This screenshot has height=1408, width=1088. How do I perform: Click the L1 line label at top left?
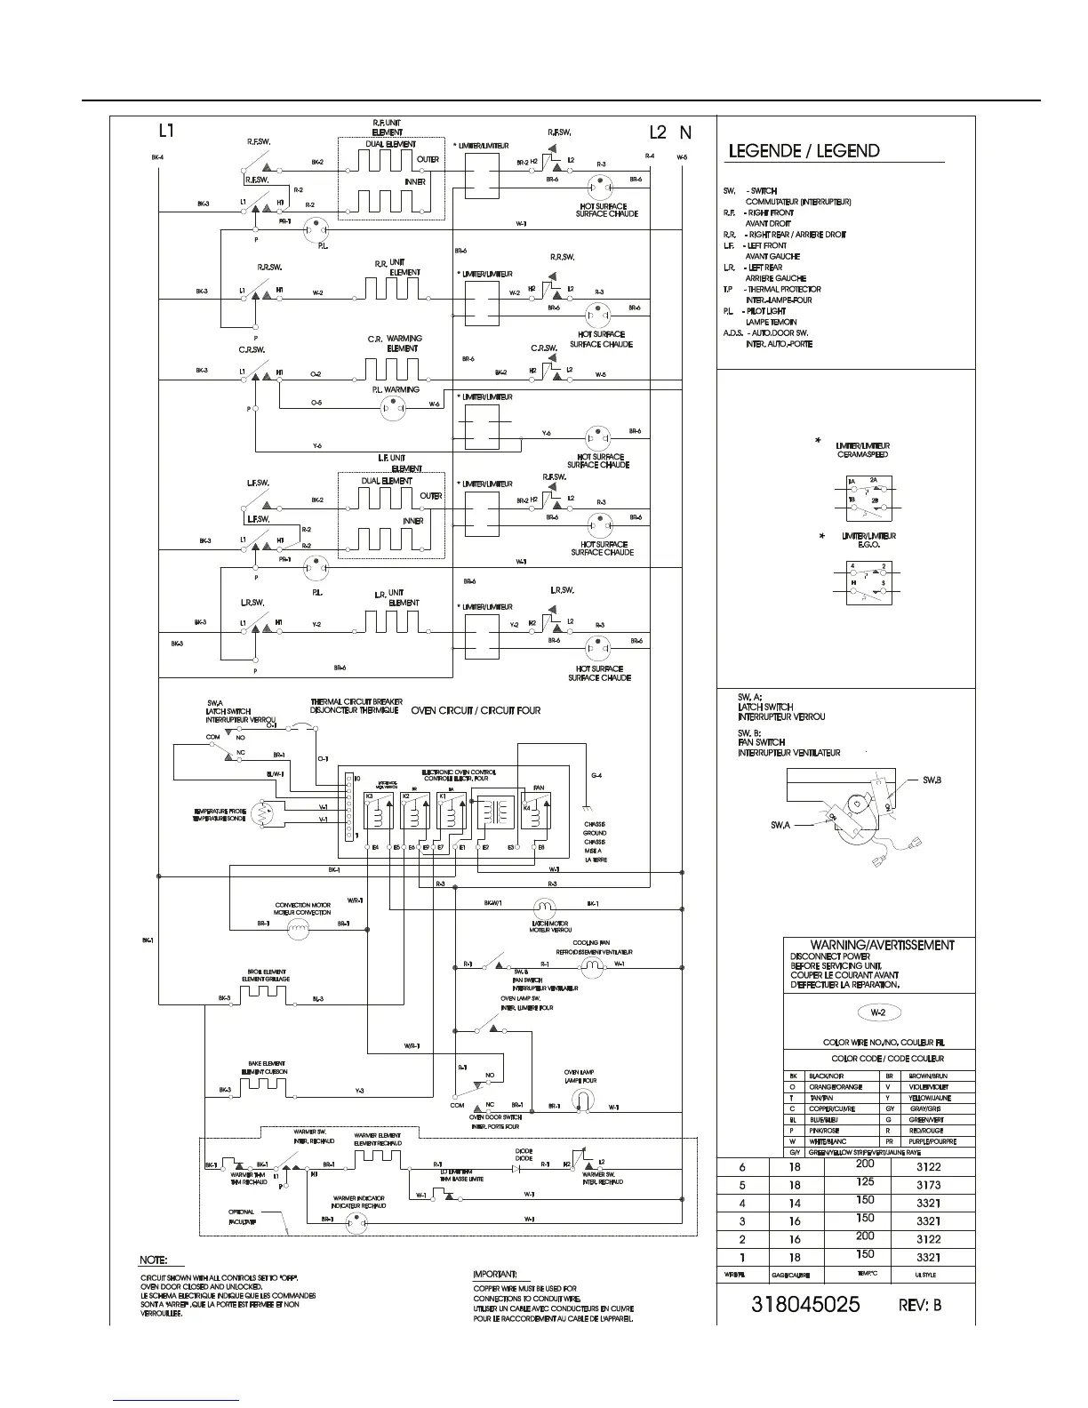point(166,132)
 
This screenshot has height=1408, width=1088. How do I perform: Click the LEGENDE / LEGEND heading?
point(804,151)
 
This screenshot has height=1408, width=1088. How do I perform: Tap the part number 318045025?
point(805,1305)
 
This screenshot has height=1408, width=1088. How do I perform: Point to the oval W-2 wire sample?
point(876,1012)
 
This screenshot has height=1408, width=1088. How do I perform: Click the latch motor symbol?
point(543,908)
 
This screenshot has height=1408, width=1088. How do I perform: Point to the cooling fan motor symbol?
point(591,964)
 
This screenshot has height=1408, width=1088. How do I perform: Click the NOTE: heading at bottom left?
point(156,1260)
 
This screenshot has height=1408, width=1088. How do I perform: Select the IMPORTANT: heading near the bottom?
point(495,1274)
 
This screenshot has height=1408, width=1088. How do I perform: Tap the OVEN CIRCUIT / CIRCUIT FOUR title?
point(476,710)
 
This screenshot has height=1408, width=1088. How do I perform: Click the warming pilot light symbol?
point(392,406)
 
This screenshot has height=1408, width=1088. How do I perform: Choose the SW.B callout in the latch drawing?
point(931,780)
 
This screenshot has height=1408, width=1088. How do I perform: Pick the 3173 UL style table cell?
point(927,1185)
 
